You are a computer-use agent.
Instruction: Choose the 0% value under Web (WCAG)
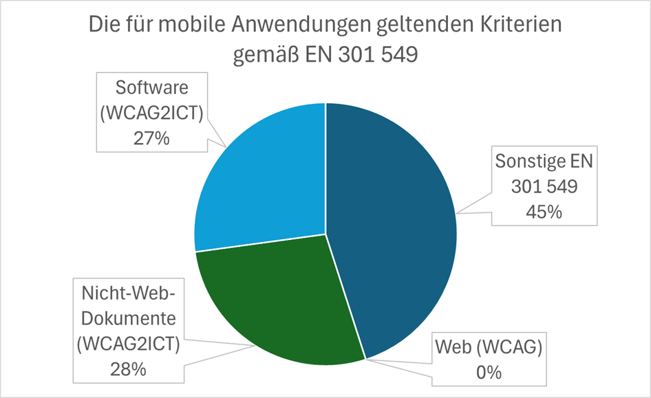[x=488, y=372]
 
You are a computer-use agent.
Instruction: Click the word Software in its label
[x=151, y=89]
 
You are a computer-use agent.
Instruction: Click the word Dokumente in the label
[x=128, y=320]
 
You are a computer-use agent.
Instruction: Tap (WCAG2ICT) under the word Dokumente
[x=128, y=344]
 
